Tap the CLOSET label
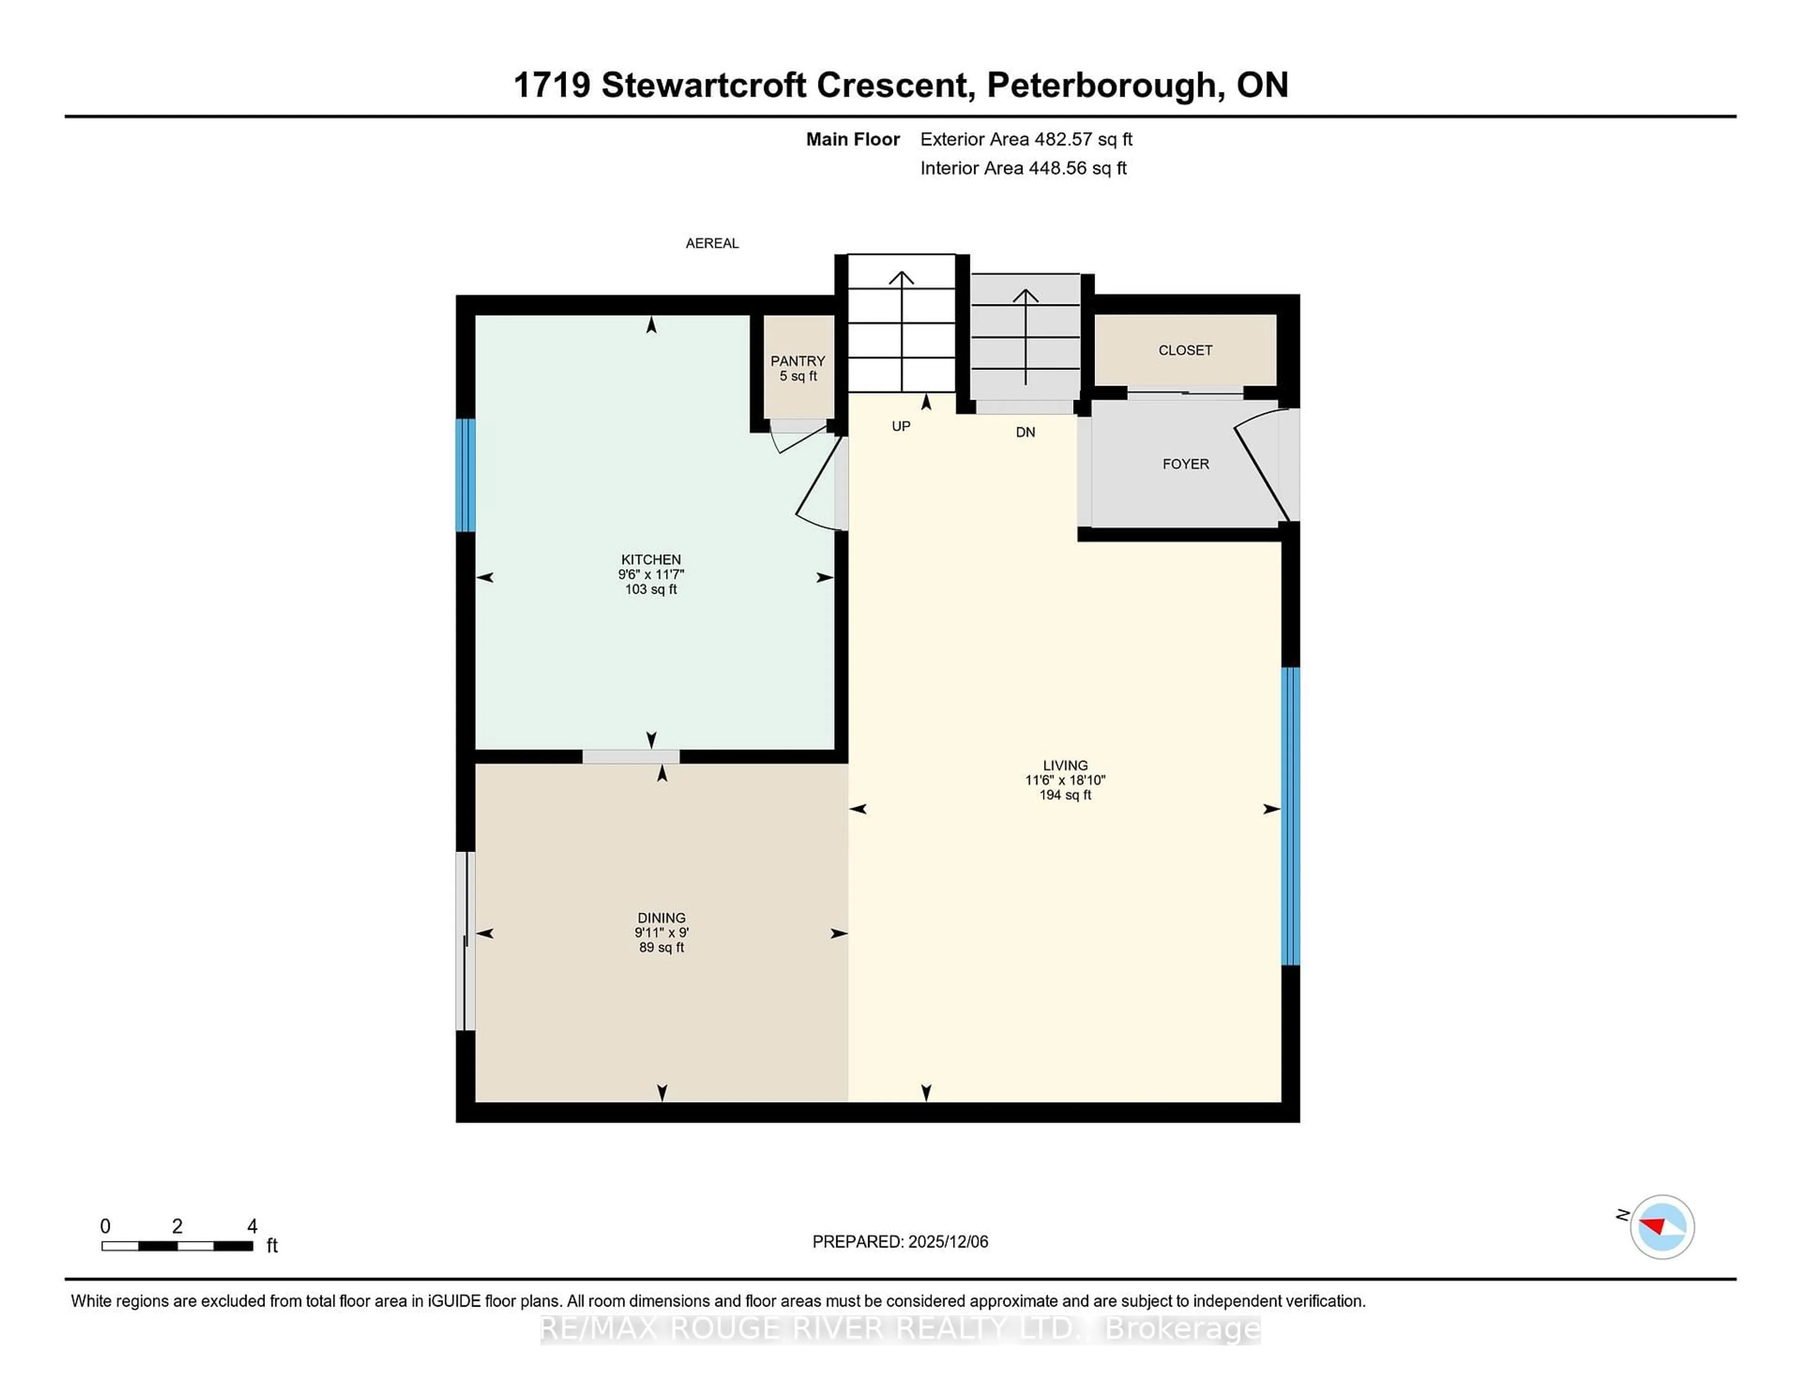[1185, 350]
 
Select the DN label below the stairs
[1025, 432]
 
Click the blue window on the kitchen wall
[466, 475]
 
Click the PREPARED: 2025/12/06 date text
[900, 1241]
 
